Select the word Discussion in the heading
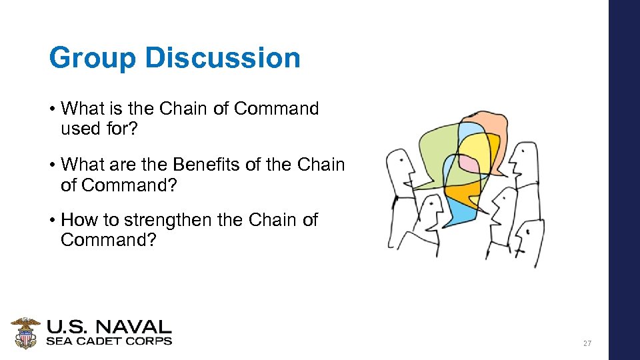tap(222, 58)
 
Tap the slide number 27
tap(587, 343)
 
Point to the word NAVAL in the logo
tap(137, 327)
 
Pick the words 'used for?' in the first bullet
tap(99, 129)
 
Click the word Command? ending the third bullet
tap(108, 240)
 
